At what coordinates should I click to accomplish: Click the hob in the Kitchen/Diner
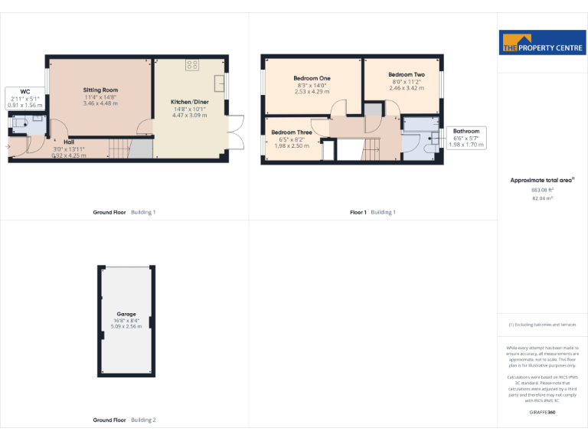coord(192,66)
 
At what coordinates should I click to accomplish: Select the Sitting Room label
coord(100,90)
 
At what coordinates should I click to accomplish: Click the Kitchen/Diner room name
coord(188,102)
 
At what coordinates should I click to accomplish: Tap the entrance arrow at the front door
coord(8,146)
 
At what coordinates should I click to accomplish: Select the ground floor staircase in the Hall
coord(118,148)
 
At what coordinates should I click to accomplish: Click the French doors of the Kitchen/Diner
coord(237,132)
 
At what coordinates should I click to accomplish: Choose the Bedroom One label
coord(312,79)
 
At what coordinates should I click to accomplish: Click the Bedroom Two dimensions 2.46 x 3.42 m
coord(406,88)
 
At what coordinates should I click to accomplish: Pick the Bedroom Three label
coord(292,132)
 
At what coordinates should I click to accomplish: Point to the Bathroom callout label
coord(465,131)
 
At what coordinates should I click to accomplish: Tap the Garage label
coord(126,314)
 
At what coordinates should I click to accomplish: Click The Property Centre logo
coord(542,43)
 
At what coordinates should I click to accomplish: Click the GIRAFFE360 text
coord(542,413)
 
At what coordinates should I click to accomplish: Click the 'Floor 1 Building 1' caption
coord(373,212)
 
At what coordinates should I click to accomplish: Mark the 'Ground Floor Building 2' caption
coord(124,420)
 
